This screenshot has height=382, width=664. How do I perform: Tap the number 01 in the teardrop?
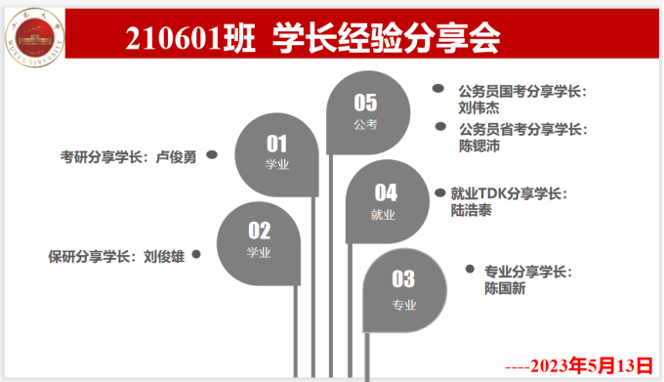(x=277, y=144)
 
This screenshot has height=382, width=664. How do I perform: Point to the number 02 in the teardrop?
(x=259, y=231)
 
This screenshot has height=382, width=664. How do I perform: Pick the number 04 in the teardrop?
(x=386, y=192)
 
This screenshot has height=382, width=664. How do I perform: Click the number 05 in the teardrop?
(x=365, y=102)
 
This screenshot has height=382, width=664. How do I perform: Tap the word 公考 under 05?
(x=365, y=124)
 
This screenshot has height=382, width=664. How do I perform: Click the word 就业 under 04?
(x=385, y=215)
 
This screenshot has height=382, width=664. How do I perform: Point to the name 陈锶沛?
(x=480, y=146)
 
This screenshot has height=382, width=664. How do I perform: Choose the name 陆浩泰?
(x=473, y=209)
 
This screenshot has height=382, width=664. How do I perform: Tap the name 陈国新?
(x=506, y=287)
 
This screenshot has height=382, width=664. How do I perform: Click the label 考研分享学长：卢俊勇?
(x=128, y=155)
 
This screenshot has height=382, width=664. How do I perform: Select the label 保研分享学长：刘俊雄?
(x=116, y=257)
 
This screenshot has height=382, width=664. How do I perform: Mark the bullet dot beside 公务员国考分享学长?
(x=437, y=89)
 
